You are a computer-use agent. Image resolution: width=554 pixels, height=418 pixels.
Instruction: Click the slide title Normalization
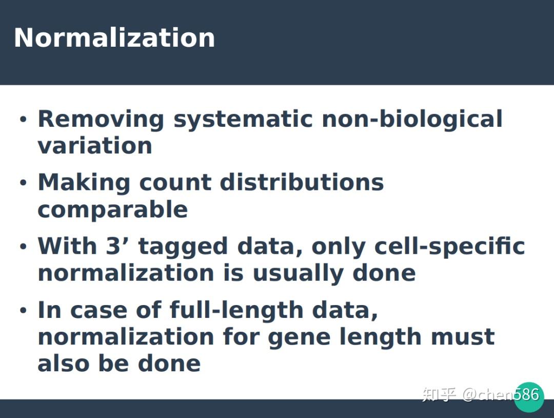click(x=114, y=38)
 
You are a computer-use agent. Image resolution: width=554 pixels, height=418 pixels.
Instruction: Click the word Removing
click(x=101, y=119)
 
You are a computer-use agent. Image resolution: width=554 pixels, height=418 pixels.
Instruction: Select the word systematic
click(x=243, y=119)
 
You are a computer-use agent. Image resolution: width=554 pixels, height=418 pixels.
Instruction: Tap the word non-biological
click(x=412, y=119)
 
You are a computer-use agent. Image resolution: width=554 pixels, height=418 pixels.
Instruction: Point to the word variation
click(x=95, y=146)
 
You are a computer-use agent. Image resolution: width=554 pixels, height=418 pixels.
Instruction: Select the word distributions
click(x=302, y=183)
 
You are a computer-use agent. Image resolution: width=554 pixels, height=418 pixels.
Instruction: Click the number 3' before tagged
click(x=119, y=246)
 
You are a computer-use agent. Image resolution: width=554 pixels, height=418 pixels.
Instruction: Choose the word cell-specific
click(x=449, y=246)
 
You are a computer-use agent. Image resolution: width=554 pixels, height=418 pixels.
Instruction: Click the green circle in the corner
click(x=528, y=397)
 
